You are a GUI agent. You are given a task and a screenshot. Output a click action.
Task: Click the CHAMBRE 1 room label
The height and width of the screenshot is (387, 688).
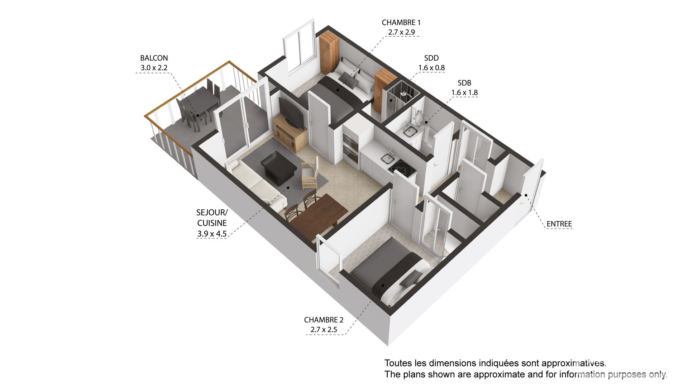pos(401,23)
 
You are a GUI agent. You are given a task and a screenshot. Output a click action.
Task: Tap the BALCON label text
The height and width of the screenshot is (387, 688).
pos(154,58)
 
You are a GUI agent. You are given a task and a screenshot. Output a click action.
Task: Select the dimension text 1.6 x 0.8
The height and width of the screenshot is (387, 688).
pos(431,68)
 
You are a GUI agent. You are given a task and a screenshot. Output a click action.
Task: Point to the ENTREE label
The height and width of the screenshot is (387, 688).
pos(559,224)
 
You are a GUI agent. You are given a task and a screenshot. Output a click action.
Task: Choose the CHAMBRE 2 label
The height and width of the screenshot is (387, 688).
pos(324,320)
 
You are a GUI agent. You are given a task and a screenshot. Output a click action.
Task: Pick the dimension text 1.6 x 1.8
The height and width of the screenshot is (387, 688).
pos(464,92)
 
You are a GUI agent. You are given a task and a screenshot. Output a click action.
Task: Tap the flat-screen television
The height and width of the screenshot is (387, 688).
pos(291,112)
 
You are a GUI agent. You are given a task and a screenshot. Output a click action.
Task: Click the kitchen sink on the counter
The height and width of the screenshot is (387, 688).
pos(388,158)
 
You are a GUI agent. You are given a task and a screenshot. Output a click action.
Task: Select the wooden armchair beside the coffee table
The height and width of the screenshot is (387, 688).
pos(310,175)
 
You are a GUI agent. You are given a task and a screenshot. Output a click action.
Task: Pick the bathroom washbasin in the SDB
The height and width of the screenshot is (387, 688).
pos(409,132)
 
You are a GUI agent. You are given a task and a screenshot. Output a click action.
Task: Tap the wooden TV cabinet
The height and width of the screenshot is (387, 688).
pos(290,135)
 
